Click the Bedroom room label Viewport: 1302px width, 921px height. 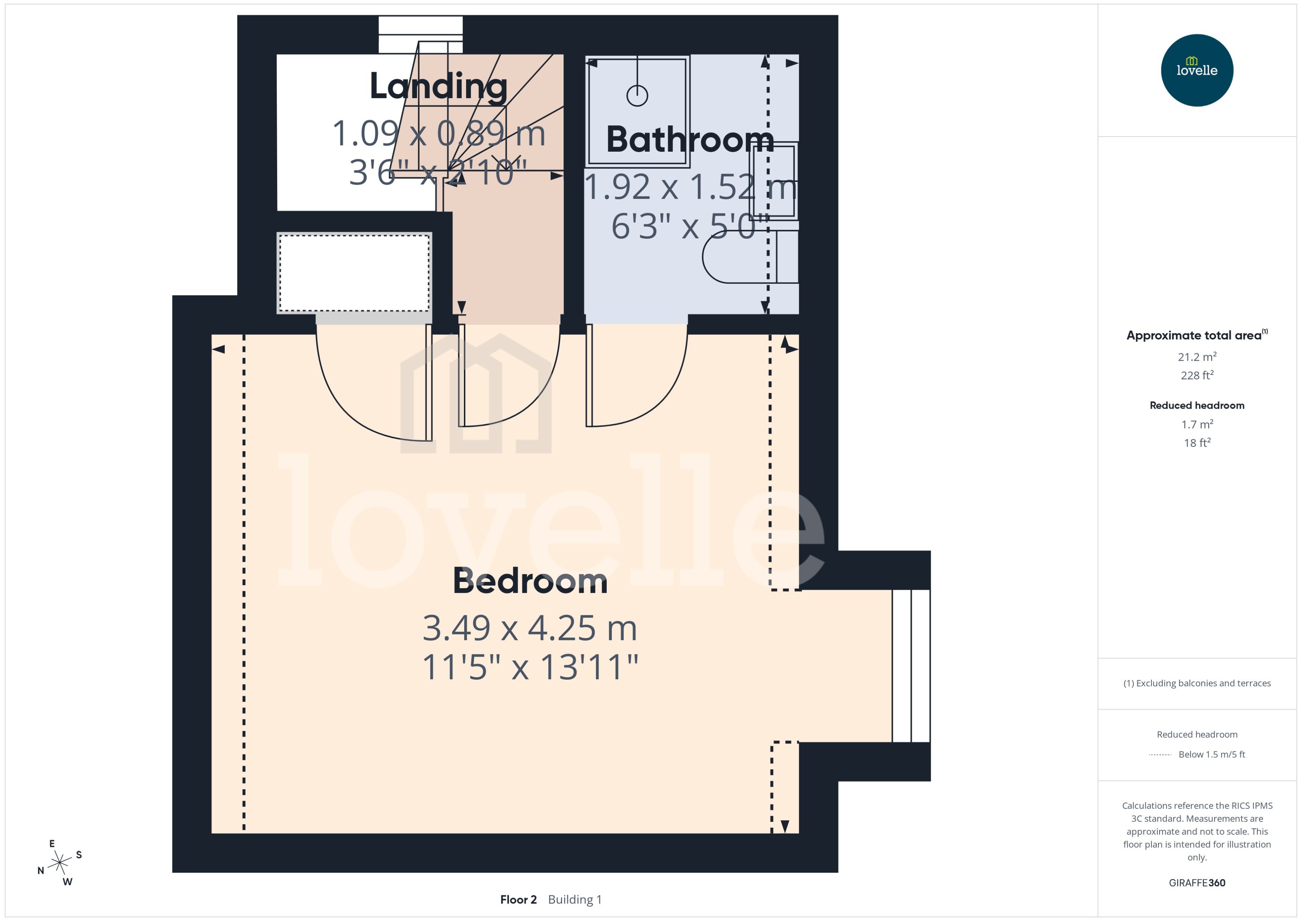click(x=530, y=581)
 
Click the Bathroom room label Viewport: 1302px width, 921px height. click(x=689, y=139)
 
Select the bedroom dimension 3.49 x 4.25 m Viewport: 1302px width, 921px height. click(x=530, y=628)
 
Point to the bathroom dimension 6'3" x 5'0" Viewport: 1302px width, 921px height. click(x=689, y=227)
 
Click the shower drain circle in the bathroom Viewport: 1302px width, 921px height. click(x=637, y=95)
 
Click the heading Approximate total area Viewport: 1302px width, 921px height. click(x=1194, y=335)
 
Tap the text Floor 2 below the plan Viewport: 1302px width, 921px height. click(x=518, y=899)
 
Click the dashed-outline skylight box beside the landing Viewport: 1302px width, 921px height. click(x=354, y=273)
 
